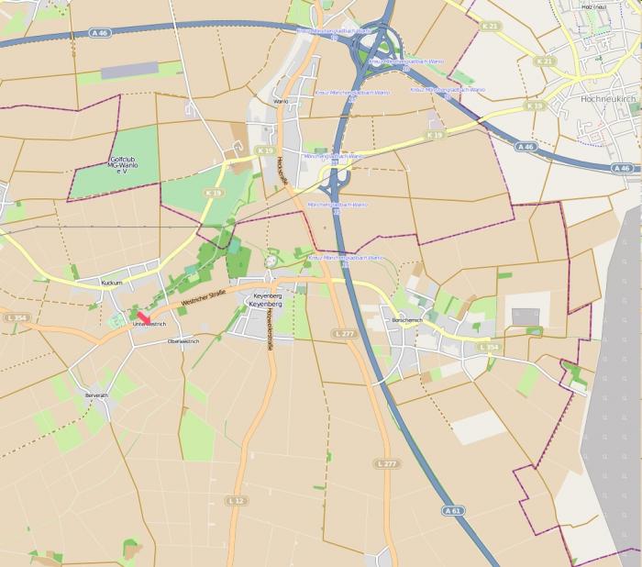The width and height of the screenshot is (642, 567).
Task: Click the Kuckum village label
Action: click(x=112, y=283)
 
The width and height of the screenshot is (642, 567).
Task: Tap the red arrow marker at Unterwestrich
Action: click(x=144, y=317)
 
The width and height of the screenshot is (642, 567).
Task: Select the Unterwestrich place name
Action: click(x=149, y=324)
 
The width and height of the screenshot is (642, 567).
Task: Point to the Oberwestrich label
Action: click(x=183, y=340)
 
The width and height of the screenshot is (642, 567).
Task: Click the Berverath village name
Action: click(x=96, y=395)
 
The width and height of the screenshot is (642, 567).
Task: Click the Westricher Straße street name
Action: click(x=203, y=297)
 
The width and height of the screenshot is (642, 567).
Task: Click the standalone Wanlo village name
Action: click(x=281, y=101)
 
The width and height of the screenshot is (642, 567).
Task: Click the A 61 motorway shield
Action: click(x=449, y=510)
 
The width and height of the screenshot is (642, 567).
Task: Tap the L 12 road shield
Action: click(x=238, y=500)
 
